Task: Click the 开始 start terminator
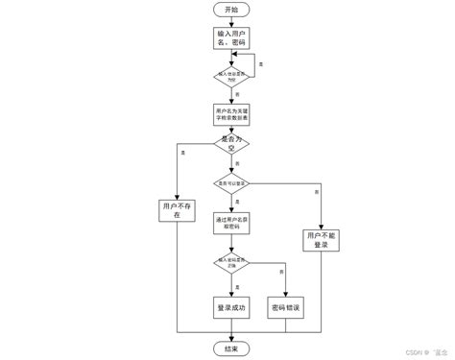tap(231, 10)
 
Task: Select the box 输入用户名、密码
tap(231, 39)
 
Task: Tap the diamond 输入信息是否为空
tap(231, 76)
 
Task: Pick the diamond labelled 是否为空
tap(231, 146)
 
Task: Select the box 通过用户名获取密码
tap(231, 221)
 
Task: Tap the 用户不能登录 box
tap(321, 240)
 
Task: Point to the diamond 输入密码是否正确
tap(231, 262)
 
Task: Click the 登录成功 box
tap(231, 306)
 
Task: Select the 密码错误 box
tap(286, 306)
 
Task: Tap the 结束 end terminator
tap(231, 348)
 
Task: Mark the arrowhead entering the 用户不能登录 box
tap(321, 226)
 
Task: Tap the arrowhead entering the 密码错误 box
tap(286, 292)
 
